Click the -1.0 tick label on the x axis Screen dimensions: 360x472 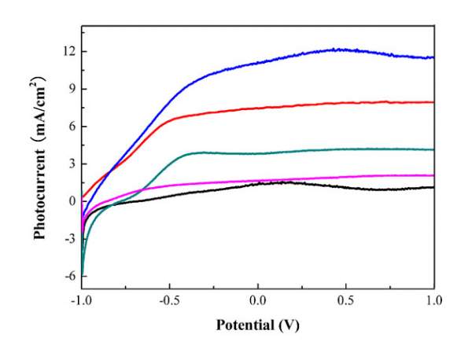[81, 300]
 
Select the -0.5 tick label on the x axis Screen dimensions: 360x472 [169, 300]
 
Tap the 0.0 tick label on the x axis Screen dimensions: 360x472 [258, 300]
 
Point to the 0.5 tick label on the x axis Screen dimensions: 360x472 [346, 300]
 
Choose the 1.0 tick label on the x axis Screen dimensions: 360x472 [433, 300]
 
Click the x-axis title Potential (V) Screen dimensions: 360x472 [257, 324]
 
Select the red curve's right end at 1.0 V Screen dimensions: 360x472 [433, 102]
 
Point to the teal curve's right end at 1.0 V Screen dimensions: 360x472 [433, 149]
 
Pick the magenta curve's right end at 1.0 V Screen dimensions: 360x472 [433, 175]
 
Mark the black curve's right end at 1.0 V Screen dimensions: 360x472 [433, 187]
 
